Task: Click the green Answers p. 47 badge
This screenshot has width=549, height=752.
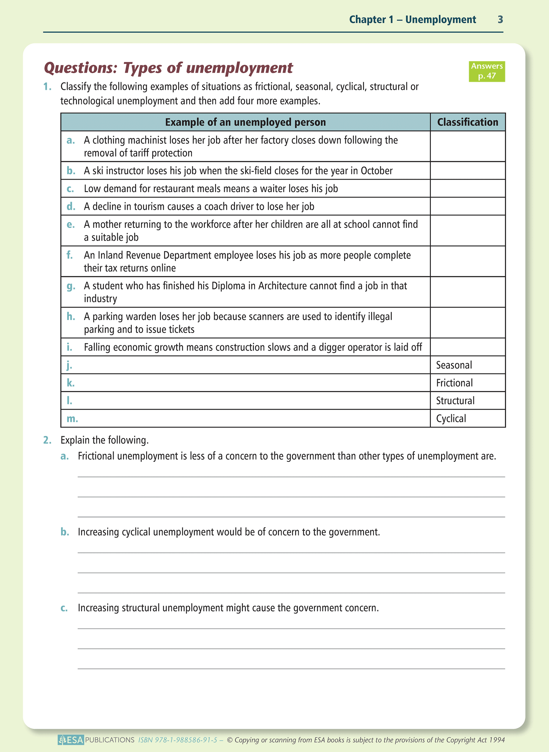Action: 487,71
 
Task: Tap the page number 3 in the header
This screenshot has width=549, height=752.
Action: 500,19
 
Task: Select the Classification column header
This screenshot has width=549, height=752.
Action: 467,122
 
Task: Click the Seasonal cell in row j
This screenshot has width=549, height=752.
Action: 454,365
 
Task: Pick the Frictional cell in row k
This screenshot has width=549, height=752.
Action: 454,383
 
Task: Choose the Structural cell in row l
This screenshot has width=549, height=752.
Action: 455,401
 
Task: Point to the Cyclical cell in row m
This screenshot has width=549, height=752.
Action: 451,419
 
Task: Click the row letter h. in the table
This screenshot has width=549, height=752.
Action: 71,316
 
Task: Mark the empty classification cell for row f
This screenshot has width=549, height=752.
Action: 467,261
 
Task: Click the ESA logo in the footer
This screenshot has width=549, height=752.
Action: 71,740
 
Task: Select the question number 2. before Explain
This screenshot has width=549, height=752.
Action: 47,440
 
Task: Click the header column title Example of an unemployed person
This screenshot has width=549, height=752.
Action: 245,122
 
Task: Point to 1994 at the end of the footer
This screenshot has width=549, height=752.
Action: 496,740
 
